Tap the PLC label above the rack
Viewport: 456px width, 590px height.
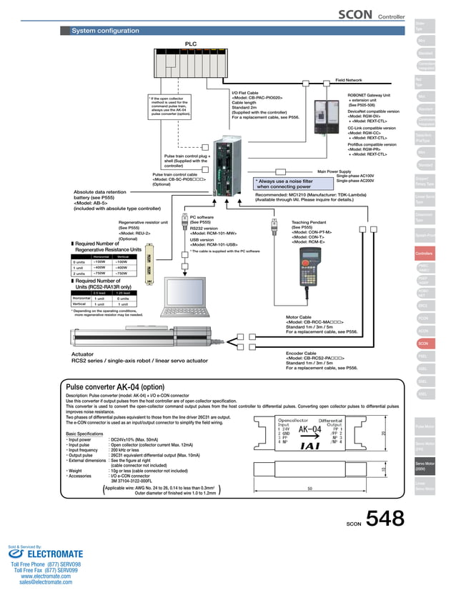(191, 44)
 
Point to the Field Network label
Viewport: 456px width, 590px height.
(349, 81)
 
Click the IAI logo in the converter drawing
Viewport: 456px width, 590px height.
(312, 446)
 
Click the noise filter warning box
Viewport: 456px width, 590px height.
(284, 184)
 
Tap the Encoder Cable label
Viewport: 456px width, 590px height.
(301, 353)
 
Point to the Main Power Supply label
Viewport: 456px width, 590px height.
(334, 171)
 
